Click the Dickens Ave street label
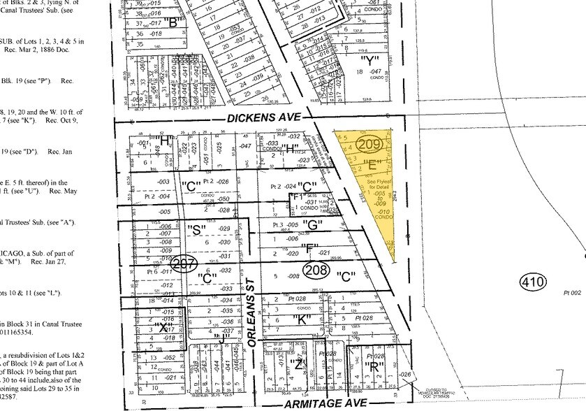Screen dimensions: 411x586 coord(255,120)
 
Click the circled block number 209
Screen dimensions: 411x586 coord(368,145)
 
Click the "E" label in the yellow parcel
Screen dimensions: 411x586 coord(372,166)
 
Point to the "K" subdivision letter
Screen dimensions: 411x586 coord(302,320)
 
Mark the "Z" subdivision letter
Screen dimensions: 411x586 coord(300,363)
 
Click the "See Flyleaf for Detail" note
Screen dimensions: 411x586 coord(377,183)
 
